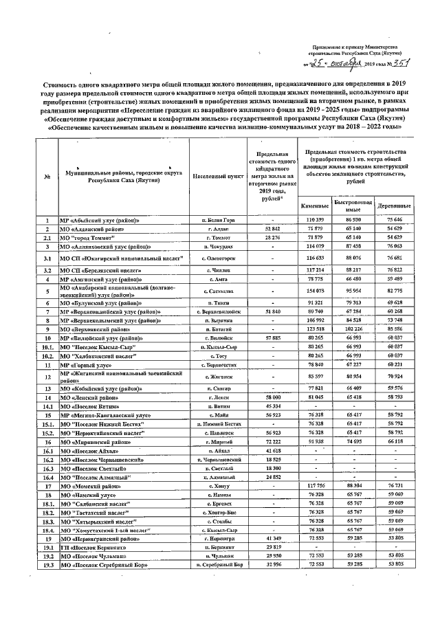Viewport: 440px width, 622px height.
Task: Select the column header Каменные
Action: point(315,206)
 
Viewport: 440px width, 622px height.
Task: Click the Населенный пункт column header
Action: point(219,176)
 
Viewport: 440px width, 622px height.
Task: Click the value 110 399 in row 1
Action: point(315,219)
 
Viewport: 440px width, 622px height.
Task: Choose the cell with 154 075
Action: point(315,291)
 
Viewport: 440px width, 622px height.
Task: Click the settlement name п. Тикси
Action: point(219,302)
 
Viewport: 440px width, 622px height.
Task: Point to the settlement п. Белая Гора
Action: point(219,219)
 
